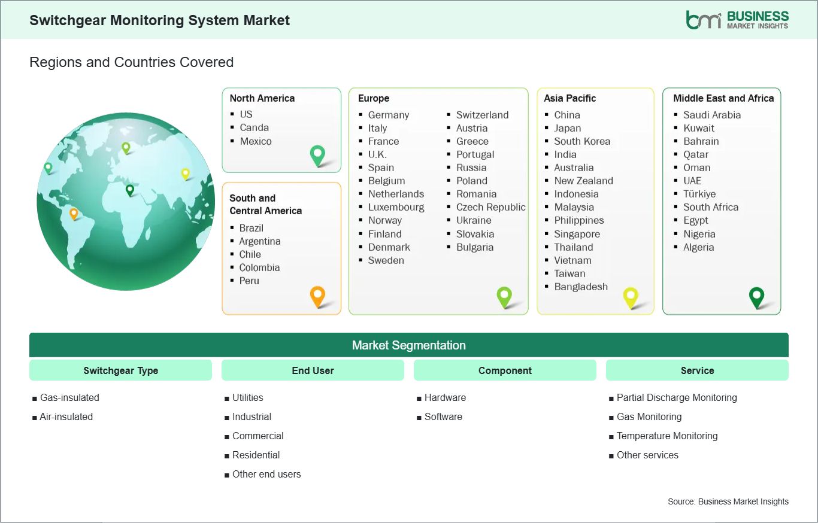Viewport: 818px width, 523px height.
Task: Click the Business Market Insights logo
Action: coord(737,20)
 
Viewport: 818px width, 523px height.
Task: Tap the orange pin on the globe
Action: coord(74,214)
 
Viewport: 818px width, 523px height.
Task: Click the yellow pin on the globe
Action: coord(186,174)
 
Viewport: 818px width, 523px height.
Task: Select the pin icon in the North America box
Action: coord(317,156)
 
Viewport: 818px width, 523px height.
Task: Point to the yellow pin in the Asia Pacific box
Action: coord(631,298)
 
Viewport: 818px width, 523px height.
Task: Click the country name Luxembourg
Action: coord(396,207)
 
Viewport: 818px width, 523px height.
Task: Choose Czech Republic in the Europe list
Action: coord(491,207)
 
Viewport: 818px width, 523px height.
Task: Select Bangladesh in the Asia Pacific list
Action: coord(581,287)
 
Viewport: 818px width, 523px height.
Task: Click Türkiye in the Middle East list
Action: coord(699,194)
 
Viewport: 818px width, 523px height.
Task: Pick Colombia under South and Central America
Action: coord(259,267)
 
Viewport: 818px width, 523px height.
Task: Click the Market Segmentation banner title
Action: coord(408,345)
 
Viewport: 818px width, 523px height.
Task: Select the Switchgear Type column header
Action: coord(120,370)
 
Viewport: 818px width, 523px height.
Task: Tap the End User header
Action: coord(313,370)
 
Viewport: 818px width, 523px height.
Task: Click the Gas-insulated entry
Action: coord(69,397)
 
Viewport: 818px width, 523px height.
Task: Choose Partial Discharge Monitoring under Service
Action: coord(677,397)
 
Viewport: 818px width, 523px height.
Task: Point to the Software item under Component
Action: coord(443,417)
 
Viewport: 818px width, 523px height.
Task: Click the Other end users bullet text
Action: coord(266,474)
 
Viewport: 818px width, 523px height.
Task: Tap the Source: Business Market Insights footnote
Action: coord(728,501)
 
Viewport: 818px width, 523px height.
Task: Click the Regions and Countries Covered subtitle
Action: coord(132,62)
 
